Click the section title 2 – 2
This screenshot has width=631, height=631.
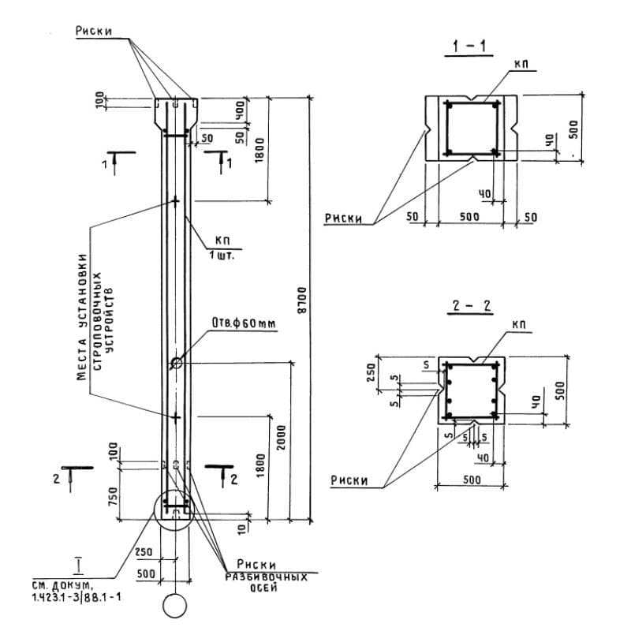tap(472, 307)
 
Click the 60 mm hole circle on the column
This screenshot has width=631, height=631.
tap(175, 364)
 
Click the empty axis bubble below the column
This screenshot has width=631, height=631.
tap(175, 607)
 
